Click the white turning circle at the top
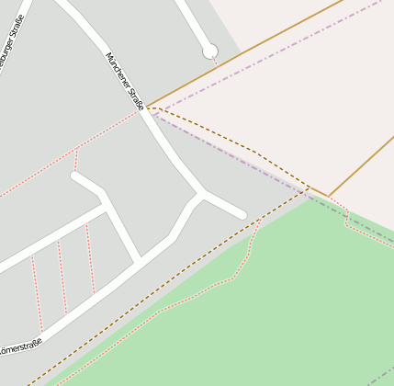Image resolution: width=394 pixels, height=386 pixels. click(x=210, y=51)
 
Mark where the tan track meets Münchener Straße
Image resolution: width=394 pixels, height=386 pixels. click(x=148, y=107)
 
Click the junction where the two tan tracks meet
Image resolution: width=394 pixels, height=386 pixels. click(x=328, y=195)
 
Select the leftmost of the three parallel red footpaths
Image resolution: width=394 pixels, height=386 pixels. click(x=37, y=294)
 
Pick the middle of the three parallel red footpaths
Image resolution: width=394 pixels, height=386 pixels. click(x=62, y=277)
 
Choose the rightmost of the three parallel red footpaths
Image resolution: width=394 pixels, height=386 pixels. click(x=90, y=258)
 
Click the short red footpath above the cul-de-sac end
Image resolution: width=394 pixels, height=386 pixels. click(x=76, y=160)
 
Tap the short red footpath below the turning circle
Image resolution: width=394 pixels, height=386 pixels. click(x=214, y=62)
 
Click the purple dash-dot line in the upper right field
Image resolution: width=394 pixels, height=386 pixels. click(x=303, y=38)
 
